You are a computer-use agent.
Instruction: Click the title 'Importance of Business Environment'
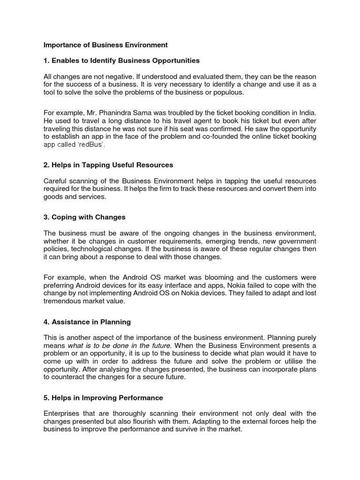tap(105, 45)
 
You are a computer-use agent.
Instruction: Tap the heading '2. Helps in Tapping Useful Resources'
tap(108, 165)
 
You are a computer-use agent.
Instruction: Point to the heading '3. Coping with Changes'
tap(84, 217)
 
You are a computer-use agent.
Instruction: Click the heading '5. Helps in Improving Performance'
tap(103, 397)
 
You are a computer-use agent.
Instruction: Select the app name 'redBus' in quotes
tap(92, 145)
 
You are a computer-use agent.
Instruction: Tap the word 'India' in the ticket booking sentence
tap(307, 112)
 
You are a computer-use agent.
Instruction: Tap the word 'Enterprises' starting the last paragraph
tap(62, 413)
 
